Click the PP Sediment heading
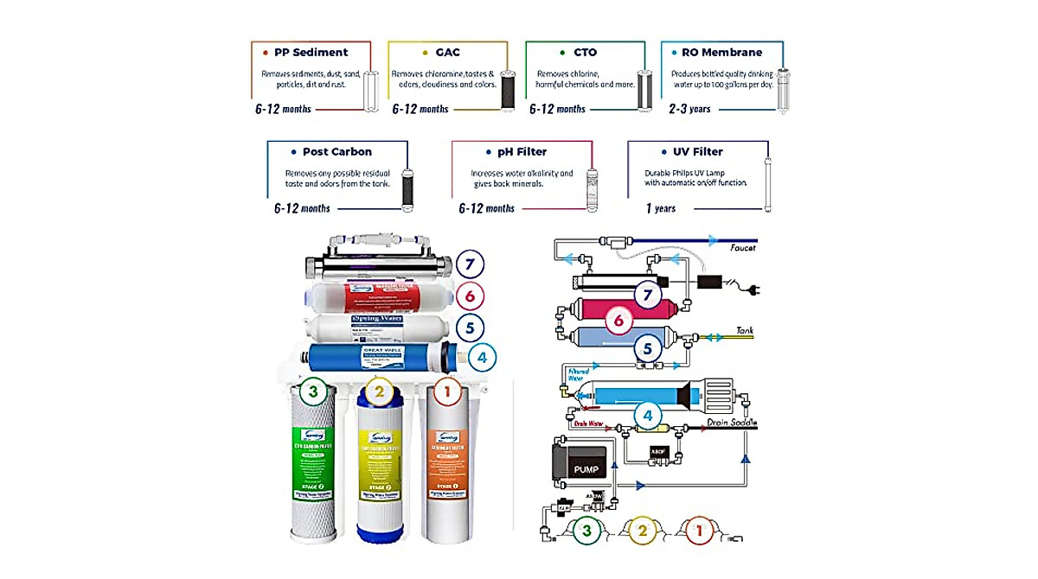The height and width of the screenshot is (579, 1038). click(x=311, y=52)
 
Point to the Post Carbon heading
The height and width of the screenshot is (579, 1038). click(x=336, y=152)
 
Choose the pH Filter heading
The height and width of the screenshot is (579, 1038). click(x=522, y=152)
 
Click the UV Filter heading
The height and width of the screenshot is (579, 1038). click(x=697, y=152)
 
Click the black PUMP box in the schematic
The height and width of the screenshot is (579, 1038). click(x=586, y=469)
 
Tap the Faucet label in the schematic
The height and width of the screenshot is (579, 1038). click(x=741, y=248)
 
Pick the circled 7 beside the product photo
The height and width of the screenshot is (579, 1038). click(x=468, y=264)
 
